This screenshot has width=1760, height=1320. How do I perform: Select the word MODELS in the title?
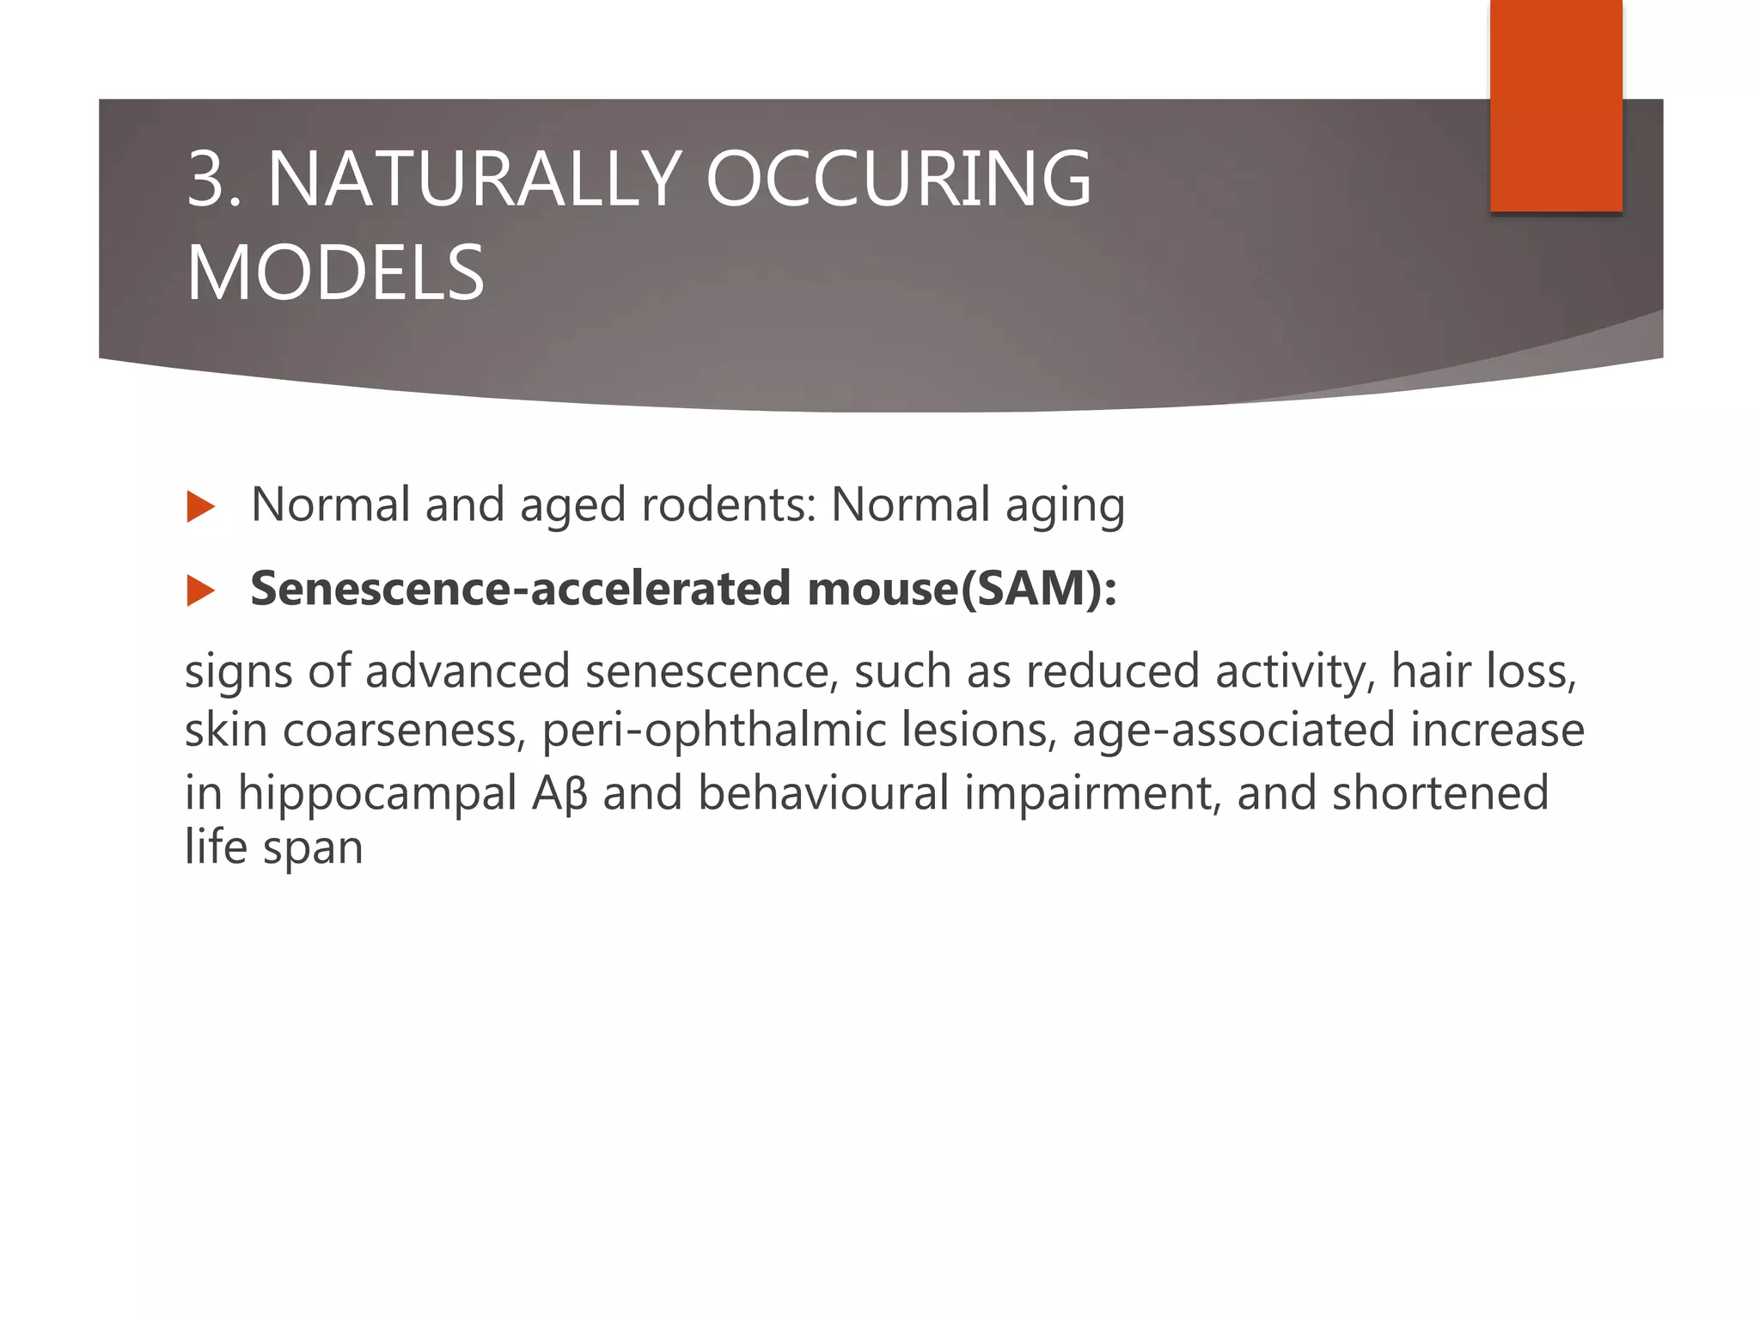point(335,273)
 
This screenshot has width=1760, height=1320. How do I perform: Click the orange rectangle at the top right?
point(1555,105)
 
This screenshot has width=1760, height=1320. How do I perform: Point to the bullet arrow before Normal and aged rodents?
point(199,507)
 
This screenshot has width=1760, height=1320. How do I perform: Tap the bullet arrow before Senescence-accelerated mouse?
point(199,590)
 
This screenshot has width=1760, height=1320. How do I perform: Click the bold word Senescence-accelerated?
point(520,589)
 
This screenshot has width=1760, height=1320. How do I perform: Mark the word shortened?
point(1439,792)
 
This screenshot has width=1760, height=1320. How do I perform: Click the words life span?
point(273,847)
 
